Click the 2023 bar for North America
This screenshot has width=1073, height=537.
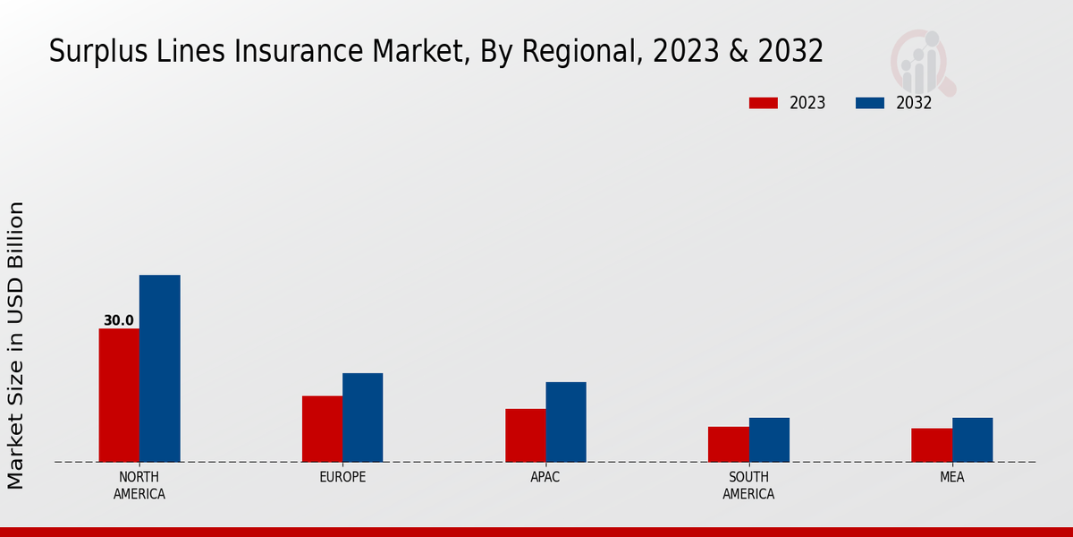(x=119, y=396)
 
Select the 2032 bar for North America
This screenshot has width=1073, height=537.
(x=159, y=369)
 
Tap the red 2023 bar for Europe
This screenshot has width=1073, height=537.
(x=322, y=429)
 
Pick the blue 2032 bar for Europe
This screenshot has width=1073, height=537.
(x=362, y=418)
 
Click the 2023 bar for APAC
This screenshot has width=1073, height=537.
(x=525, y=436)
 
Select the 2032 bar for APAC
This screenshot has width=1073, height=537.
(x=566, y=422)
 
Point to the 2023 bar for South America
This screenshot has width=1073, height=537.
(x=729, y=445)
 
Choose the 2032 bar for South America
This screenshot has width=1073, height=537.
(x=769, y=440)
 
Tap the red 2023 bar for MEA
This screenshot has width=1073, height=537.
(x=932, y=446)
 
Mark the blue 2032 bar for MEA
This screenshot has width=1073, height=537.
(x=972, y=440)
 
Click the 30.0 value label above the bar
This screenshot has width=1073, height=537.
(x=119, y=320)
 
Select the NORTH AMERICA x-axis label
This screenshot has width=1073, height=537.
(x=139, y=485)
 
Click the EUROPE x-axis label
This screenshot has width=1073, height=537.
(x=342, y=477)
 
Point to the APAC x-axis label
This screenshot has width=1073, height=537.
(x=545, y=477)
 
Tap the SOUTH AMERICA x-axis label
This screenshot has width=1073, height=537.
(x=748, y=485)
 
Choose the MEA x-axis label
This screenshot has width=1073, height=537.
(x=952, y=477)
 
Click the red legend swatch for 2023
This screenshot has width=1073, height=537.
(x=763, y=103)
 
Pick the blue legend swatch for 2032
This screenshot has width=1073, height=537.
(x=869, y=103)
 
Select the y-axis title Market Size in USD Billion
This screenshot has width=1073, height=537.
(x=16, y=345)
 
